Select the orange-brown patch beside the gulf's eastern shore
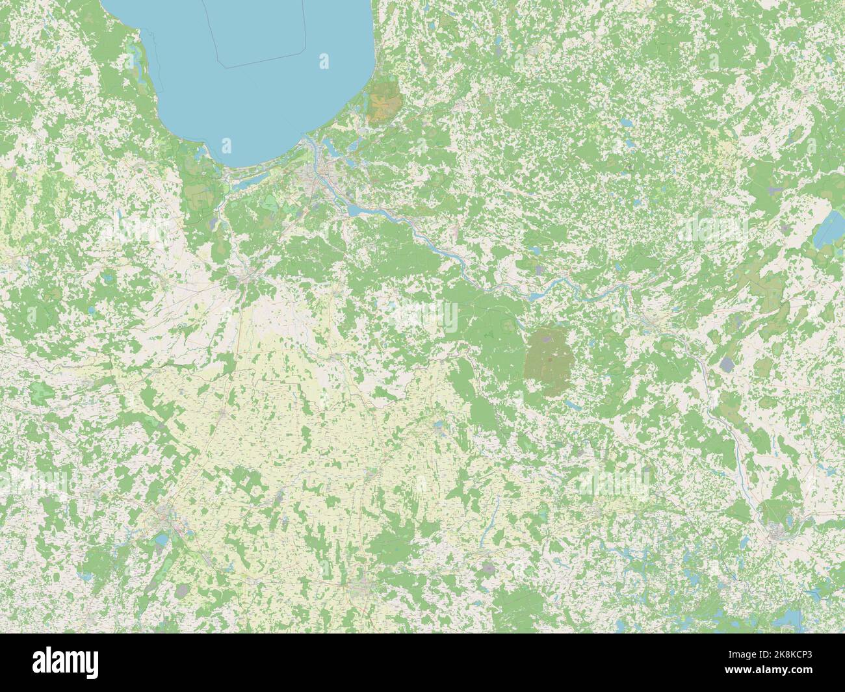[383, 101]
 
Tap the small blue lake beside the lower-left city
[159, 539]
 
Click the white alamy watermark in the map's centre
[422, 316]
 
